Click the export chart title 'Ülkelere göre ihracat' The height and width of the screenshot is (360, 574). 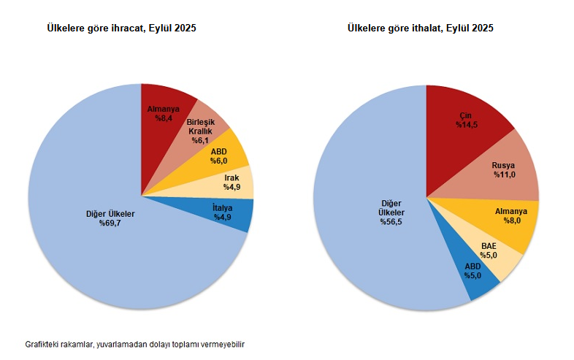pyautogui.click(x=122, y=28)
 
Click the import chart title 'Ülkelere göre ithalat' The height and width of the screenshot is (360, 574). pyautogui.click(x=420, y=28)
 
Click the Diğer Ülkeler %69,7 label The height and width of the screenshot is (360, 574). pyautogui.click(x=110, y=218)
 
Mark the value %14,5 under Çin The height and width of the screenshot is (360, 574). pyautogui.click(x=467, y=125)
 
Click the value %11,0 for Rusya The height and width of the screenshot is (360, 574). pyautogui.click(x=503, y=175)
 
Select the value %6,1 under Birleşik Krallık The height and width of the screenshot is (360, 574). pyautogui.click(x=201, y=139)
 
